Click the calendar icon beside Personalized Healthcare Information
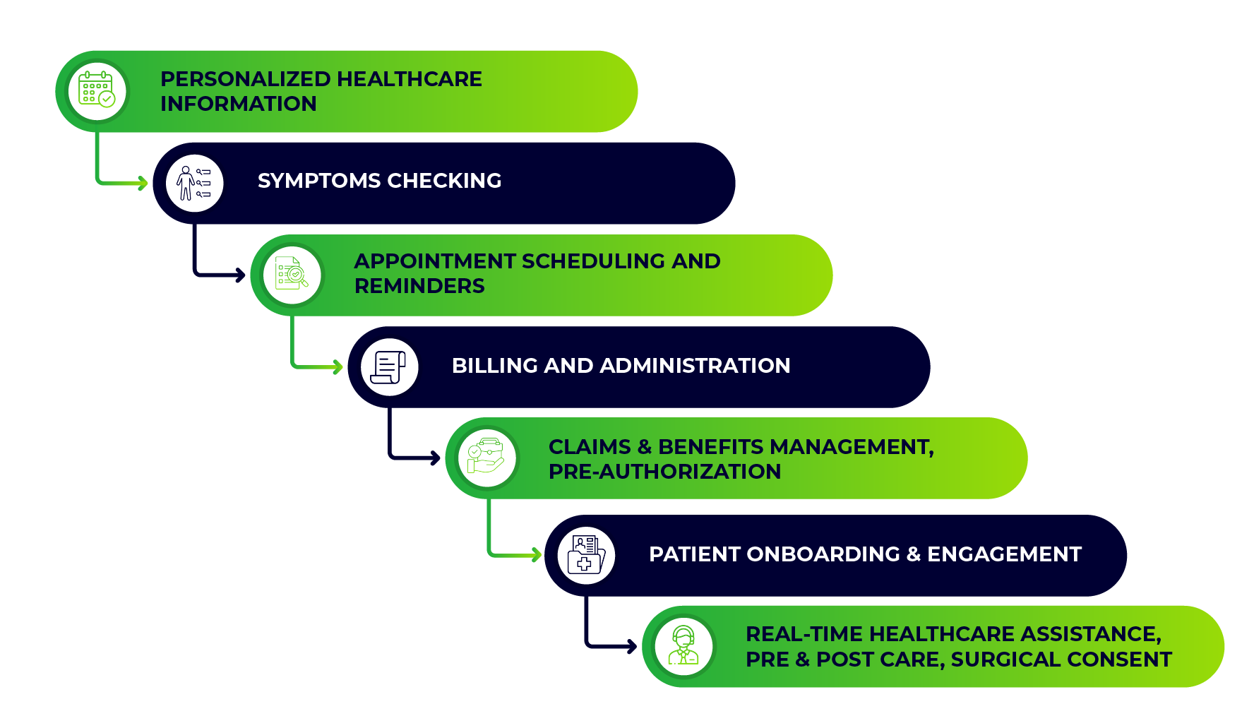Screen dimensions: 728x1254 [97, 90]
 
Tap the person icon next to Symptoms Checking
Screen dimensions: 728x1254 [194, 183]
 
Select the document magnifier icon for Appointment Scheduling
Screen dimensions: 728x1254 [292, 274]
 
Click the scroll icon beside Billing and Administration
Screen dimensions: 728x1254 [389, 366]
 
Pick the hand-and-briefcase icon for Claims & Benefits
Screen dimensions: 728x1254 [486, 458]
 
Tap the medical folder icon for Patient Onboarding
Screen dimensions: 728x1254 [585, 555]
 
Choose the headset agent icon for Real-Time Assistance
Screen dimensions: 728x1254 [683, 645]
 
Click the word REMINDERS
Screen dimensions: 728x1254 [419, 286]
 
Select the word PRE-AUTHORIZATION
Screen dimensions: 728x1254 [664, 472]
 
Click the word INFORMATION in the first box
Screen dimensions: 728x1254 [239, 104]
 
